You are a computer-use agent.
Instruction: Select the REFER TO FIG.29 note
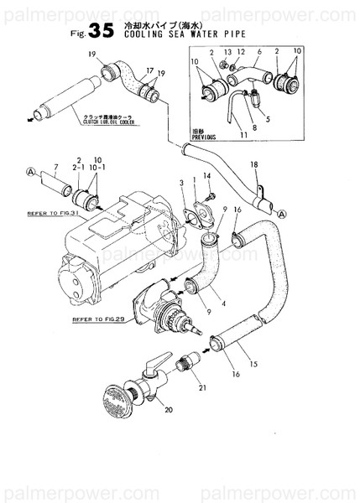[95, 319]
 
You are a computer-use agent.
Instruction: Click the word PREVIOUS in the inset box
[204, 136]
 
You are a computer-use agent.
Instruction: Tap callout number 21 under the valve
[201, 386]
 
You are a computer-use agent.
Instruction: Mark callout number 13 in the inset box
[227, 52]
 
